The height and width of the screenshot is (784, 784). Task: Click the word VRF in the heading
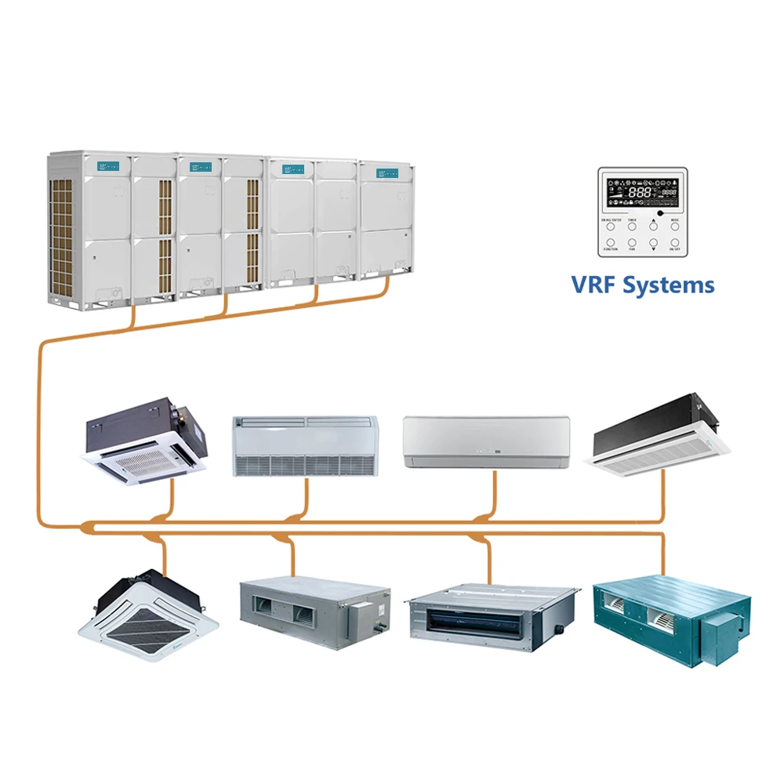pos(594,285)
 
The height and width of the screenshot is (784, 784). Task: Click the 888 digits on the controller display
pos(642,191)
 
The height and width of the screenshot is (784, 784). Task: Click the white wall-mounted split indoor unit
pos(486,442)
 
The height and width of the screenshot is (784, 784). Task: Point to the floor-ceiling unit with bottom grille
pos(306,446)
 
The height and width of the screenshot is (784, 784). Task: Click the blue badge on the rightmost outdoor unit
pos(384,170)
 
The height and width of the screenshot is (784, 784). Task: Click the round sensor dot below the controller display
pos(660,212)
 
